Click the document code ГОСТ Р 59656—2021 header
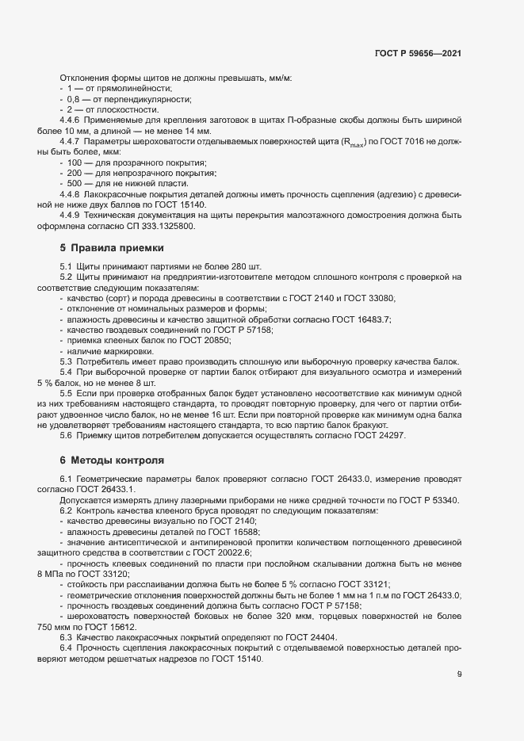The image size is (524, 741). [x=418, y=53]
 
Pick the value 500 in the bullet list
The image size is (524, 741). [x=75, y=183]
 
